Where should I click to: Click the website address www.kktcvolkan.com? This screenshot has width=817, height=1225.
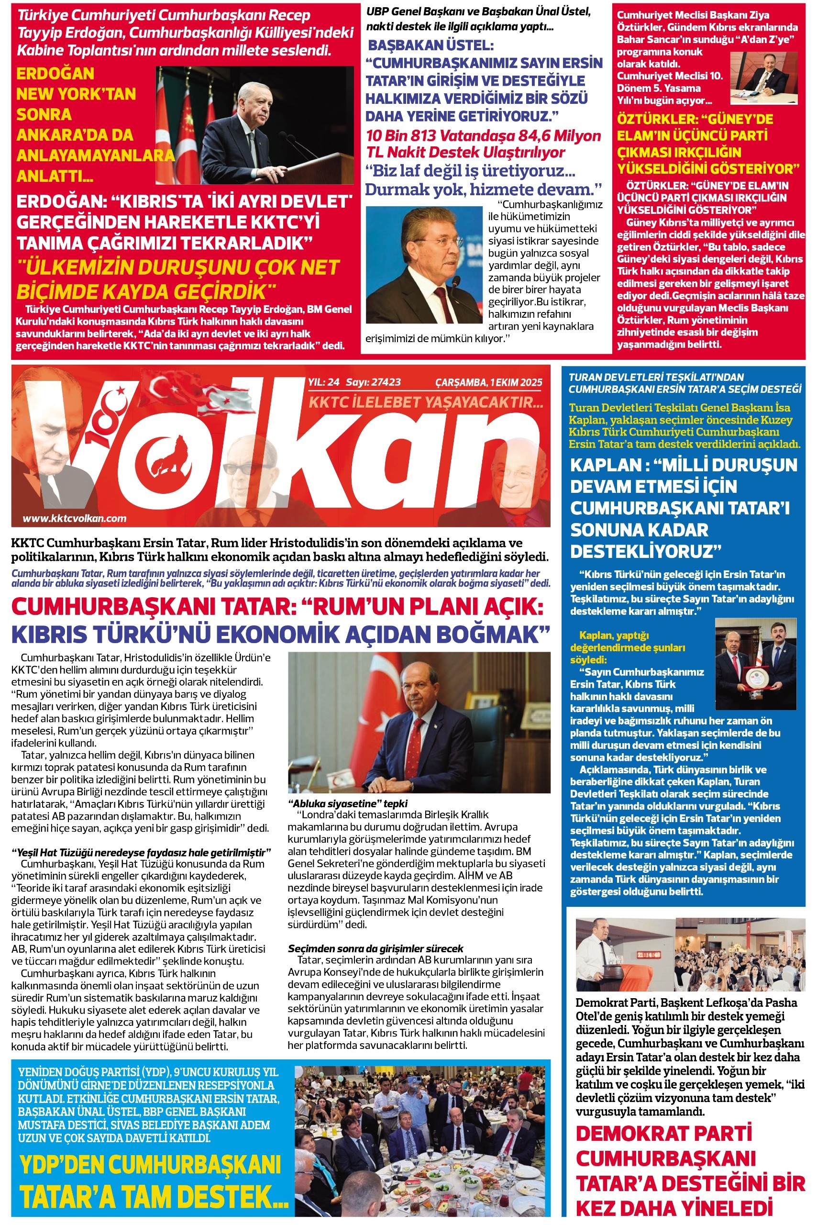click(74, 518)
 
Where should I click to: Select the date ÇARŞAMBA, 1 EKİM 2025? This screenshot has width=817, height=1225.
click(489, 382)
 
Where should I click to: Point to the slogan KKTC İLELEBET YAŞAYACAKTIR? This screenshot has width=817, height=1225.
click(426, 402)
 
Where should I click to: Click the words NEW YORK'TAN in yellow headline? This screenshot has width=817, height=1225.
click(76, 94)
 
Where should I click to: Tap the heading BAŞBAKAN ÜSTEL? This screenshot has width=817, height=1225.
click(431, 45)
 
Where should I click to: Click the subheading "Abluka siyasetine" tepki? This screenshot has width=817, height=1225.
click(348, 803)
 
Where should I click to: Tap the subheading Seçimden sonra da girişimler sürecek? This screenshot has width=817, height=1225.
click(375, 948)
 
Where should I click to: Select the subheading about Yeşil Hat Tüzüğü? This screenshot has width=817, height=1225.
click(141, 853)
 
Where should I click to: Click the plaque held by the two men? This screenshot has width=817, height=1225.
click(755, 677)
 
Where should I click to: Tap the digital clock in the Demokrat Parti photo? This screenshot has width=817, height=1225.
click(648, 955)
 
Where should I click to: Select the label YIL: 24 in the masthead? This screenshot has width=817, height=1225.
click(323, 382)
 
